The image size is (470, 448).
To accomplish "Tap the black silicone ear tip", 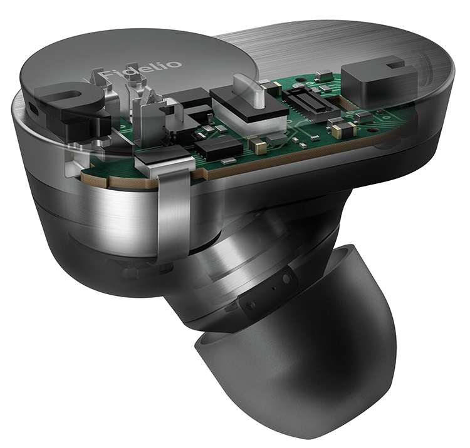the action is [x=297, y=353].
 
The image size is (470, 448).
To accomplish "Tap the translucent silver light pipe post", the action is [x=249, y=91].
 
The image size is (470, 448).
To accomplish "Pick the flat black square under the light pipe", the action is [x=249, y=105].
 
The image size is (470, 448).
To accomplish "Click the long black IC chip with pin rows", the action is [x=219, y=146].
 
